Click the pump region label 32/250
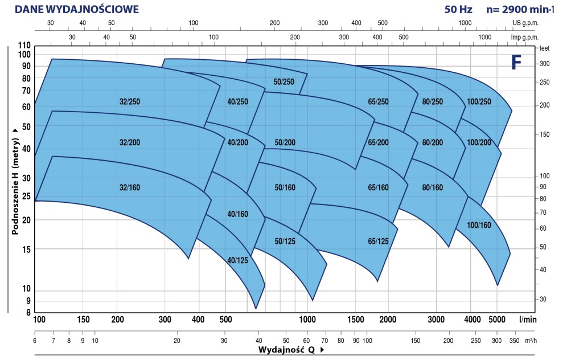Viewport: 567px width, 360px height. tap(130, 102)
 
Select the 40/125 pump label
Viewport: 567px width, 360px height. tap(237, 260)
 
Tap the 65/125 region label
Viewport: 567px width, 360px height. tap(378, 242)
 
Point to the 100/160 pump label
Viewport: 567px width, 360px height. tap(478, 224)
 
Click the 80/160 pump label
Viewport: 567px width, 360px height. tap(433, 187)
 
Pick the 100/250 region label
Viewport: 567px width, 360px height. tap(478, 102)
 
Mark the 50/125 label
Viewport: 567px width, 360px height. tap(285, 242)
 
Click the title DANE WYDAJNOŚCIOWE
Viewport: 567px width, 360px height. tap(76, 10)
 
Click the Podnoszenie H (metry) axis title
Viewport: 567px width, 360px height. tap(17, 181)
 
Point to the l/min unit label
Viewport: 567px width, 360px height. tap(528, 320)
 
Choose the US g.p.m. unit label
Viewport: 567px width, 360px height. tap(525, 23)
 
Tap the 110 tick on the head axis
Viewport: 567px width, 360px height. tap(24, 46)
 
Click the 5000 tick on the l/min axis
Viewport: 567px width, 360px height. tap(497, 320)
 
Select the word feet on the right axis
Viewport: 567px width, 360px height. tap(544, 49)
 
